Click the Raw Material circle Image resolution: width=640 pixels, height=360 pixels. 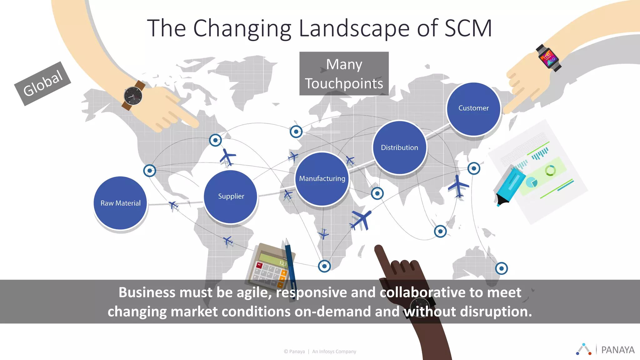tap(120, 203)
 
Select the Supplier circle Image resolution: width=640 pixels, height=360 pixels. tap(231, 197)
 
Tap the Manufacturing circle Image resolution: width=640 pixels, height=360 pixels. tap(322, 179)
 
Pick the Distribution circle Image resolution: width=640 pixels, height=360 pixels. tap(399, 147)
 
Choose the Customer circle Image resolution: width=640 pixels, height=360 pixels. tap(473, 108)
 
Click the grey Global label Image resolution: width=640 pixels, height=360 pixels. tap(43, 83)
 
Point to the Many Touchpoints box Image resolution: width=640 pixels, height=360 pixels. tap(344, 74)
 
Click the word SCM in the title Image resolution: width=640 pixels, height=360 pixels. tap(468, 28)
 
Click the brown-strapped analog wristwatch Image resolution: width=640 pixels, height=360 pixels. tap(133, 95)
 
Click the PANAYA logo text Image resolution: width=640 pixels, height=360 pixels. tap(617, 350)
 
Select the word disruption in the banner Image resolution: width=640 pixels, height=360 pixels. tap(495, 312)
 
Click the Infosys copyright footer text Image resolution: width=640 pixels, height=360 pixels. tap(320, 352)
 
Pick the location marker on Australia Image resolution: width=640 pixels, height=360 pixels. tap(501, 268)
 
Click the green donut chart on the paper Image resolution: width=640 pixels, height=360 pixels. tap(550, 171)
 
